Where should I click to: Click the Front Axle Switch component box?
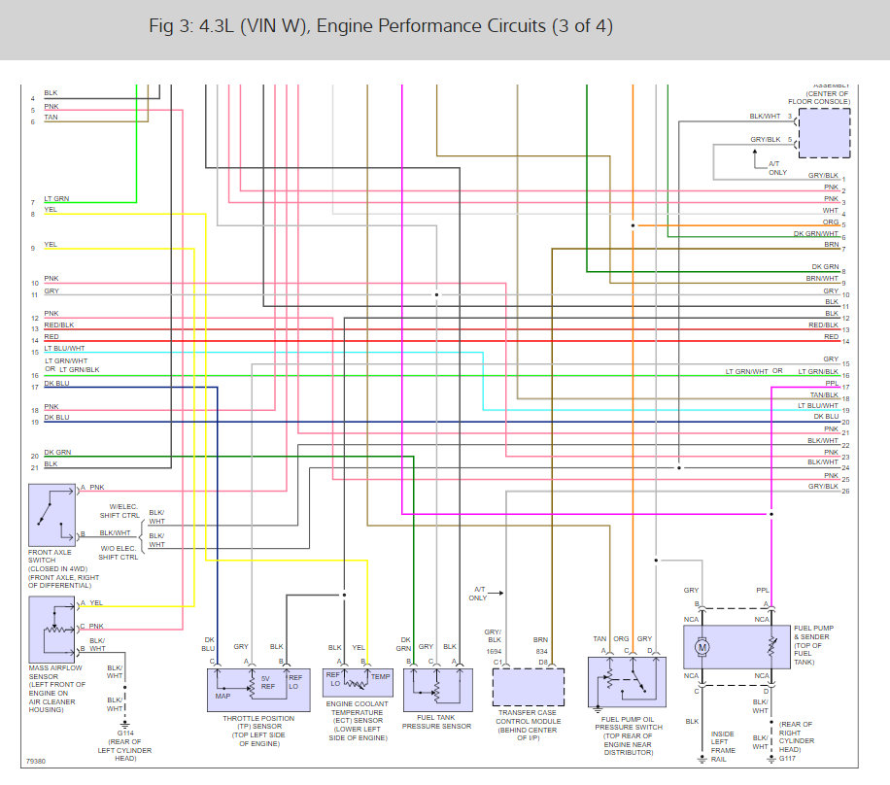[52, 516]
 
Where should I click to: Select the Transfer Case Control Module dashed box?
[529, 687]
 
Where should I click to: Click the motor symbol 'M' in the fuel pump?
[702, 647]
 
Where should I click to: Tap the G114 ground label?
[126, 734]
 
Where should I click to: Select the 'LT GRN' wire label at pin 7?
[56, 198]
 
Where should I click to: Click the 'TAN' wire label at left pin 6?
[51, 117]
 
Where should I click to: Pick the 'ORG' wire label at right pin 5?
[831, 222]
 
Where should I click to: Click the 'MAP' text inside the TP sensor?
[222, 695]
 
